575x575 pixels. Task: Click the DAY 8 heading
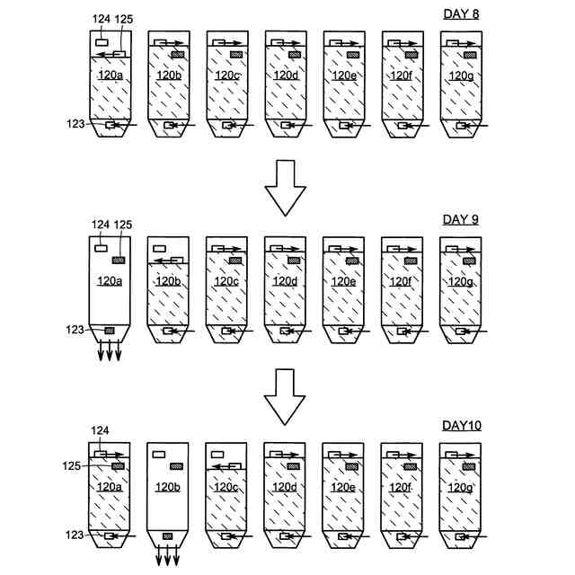[463, 13]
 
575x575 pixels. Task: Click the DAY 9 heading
[463, 219]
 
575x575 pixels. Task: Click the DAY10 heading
[463, 425]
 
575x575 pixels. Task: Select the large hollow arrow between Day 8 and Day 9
[287, 187]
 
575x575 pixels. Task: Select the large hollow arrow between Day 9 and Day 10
[287, 395]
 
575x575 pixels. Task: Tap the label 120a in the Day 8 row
[110, 75]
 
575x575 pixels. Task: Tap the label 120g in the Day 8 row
[458, 75]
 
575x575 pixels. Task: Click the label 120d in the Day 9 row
[284, 281]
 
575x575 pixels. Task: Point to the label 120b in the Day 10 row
[168, 488]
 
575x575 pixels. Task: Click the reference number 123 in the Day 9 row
[75, 330]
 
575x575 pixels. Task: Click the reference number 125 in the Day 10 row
[75, 465]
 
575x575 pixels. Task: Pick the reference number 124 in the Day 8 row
[101, 18]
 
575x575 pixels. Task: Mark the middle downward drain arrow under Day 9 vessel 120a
[110, 352]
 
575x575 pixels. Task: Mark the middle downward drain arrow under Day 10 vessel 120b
[168, 558]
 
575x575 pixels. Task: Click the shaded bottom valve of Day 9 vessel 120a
[110, 331]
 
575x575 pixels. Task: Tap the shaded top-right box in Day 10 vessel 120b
[177, 466]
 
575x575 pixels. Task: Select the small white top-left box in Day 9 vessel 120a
[101, 247]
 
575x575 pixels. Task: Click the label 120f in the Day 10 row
[400, 488]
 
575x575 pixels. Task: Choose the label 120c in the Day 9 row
[226, 281]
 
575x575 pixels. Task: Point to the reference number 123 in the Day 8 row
[75, 124]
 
